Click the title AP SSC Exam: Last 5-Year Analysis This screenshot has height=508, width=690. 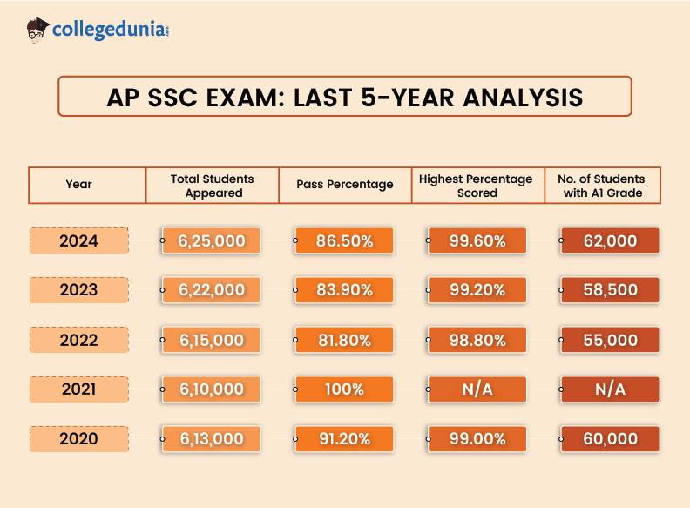pyautogui.click(x=344, y=96)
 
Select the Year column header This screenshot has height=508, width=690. pyautogui.click(x=78, y=185)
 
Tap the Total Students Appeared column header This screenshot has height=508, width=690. pyautogui.click(x=213, y=185)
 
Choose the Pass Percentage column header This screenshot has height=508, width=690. pyautogui.click(x=345, y=185)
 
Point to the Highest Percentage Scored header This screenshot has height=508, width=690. pyautogui.click(x=477, y=185)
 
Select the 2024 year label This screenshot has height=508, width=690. pyautogui.click(x=78, y=240)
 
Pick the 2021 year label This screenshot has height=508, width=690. pyautogui.click(x=78, y=389)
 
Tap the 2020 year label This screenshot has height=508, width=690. pyautogui.click(x=78, y=439)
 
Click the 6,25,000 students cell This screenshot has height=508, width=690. pyautogui.click(x=212, y=241)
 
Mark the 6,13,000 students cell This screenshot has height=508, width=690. pyautogui.click(x=212, y=439)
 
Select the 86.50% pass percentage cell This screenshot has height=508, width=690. pyautogui.click(x=345, y=241)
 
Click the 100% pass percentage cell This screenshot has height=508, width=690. pyautogui.click(x=345, y=389)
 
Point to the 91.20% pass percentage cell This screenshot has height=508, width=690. pyautogui.click(x=345, y=439)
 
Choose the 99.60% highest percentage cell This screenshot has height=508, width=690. pyautogui.click(x=477, y=241)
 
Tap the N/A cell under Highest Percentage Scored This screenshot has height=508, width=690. pyautogui.click(x=477, y=389)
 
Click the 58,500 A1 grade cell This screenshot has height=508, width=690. pyautogui.click(x=610, y=290)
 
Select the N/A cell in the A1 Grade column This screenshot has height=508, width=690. pyautogui.click(x=610, y=389)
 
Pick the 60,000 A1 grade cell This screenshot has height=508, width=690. pyautogui.click(x=610, y=439)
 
